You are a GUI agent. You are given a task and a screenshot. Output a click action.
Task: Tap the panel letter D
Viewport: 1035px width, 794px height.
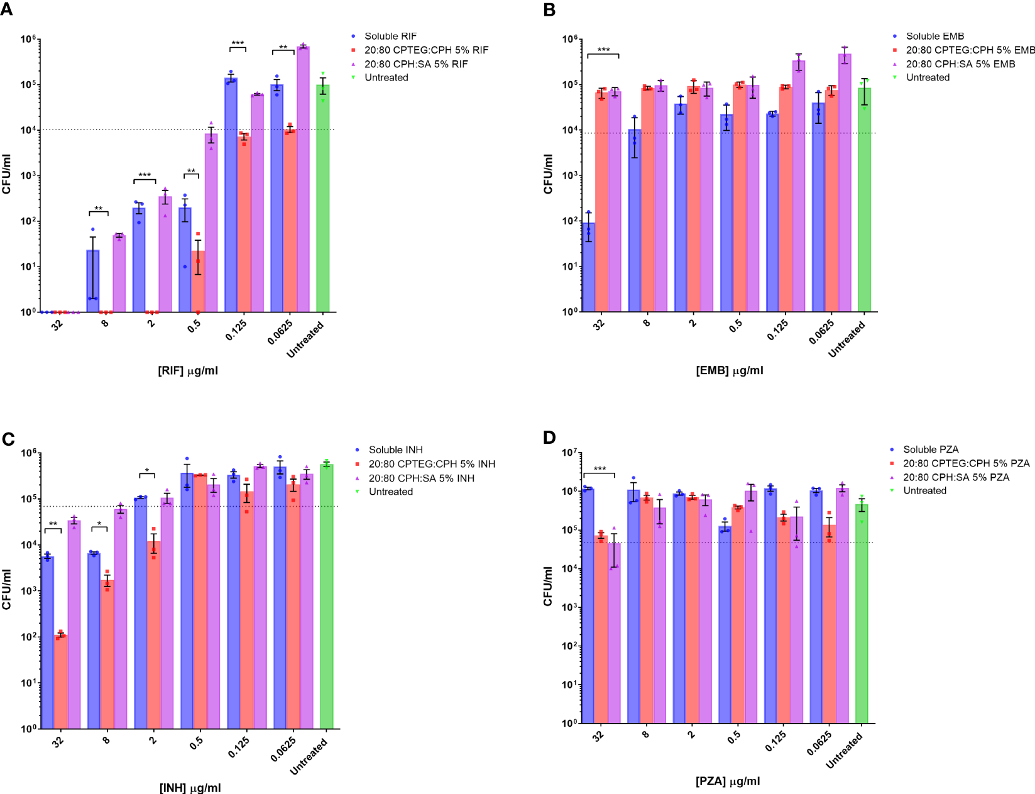tap(549, 438)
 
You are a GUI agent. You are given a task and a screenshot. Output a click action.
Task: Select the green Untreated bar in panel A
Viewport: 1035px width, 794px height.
tap(323, 201)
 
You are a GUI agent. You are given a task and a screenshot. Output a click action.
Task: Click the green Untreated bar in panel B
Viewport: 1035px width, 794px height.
tap(865, 201)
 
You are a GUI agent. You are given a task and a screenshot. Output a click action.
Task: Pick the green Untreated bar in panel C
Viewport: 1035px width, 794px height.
tap(327, 597)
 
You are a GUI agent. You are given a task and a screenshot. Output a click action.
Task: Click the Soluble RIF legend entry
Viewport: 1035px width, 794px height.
tap(390, 36)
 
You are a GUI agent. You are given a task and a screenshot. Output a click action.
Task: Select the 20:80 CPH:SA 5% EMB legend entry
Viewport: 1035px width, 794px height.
tap(960, 64)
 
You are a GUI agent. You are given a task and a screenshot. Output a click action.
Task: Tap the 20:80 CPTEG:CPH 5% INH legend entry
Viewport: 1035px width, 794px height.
tap(432, 464)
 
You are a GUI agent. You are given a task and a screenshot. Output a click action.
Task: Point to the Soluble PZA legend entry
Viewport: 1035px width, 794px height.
tap(931, 449)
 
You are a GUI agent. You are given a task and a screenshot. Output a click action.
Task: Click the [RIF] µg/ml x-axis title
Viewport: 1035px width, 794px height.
tap(188, 371)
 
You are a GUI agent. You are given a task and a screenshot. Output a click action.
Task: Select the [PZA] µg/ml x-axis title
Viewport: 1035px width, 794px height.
tap(728, 781)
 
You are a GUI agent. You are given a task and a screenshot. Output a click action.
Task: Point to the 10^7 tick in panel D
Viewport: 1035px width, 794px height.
tap(569, 453)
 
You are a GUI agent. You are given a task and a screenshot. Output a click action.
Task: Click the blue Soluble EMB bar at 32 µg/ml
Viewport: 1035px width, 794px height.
tap(589, 267)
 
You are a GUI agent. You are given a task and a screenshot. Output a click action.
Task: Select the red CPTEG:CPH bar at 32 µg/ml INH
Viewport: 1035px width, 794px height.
tap(61, 682)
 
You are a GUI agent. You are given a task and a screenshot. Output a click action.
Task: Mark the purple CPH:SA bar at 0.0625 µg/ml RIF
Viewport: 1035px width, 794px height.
tap(303, 179)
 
